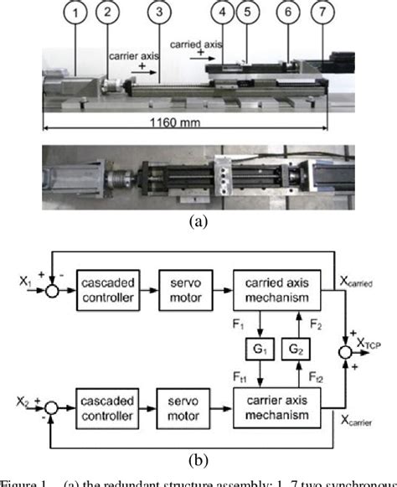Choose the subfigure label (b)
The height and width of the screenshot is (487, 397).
coord(198,459)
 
